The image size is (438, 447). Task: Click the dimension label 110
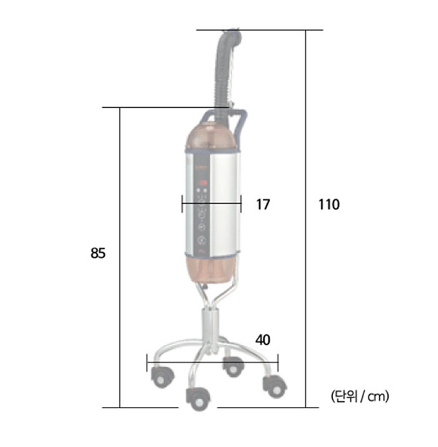328,204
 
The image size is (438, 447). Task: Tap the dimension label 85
98,253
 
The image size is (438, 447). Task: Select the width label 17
263,204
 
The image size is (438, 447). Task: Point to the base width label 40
262,340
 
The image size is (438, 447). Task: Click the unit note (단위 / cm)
360,396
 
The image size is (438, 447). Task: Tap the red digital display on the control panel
203,182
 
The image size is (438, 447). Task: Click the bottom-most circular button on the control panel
201,241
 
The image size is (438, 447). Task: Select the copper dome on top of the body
211,137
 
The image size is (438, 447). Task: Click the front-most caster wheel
198,399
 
